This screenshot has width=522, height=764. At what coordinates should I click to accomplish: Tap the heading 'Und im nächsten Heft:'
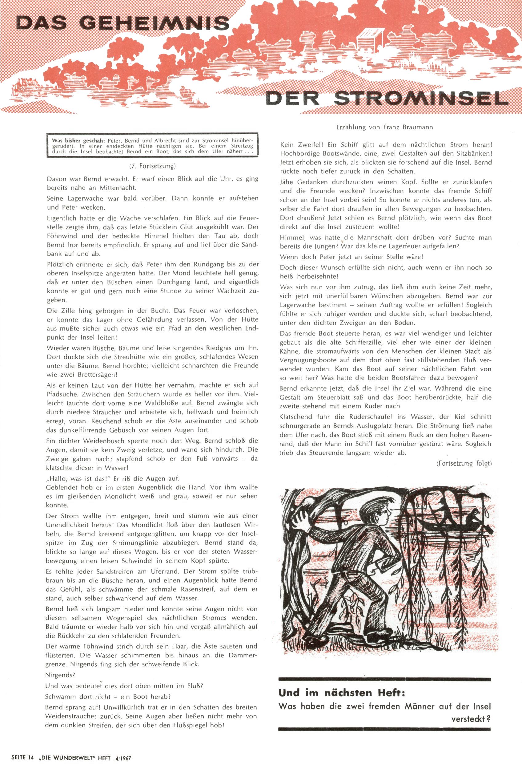(x=341, y=693)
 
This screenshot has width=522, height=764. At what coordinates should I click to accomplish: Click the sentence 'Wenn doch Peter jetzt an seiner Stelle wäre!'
(x=351, y=256)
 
